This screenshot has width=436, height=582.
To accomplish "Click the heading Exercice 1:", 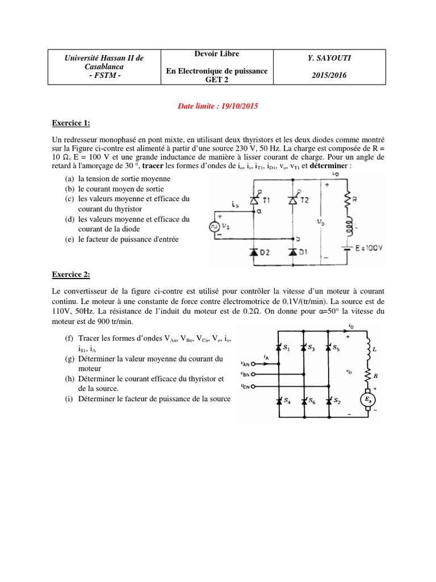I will click(71, 123).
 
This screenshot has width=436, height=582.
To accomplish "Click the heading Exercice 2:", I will click(71, 275).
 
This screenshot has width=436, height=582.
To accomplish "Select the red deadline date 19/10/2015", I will click(237, 106).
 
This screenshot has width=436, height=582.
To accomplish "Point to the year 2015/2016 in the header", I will click(329, 74).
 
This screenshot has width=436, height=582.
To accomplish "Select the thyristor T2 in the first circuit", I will click(294, 199).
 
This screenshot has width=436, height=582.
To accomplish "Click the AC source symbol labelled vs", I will click(216, 227).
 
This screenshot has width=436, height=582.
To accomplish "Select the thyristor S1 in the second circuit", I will click(279, 348).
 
